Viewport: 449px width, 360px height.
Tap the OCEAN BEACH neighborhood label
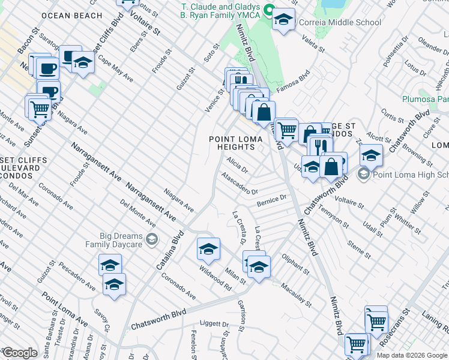[x=76, y=15]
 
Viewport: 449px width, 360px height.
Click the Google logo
[x=20, y=352]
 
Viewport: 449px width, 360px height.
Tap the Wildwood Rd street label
[x=215, y=278]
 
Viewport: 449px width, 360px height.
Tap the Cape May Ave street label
[x=115, y=70]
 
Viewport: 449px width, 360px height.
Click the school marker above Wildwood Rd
[x=208, y=248]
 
